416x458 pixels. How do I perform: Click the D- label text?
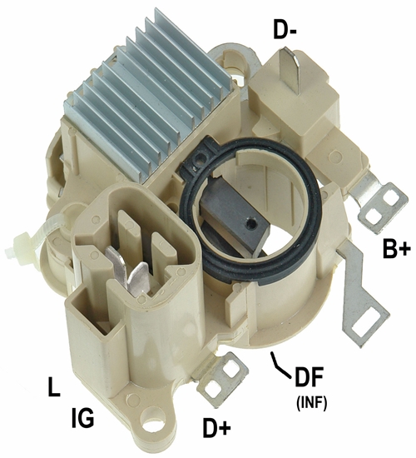(285, 30)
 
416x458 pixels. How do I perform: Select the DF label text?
(310, 377)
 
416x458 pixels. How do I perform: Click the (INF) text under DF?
(311, 404)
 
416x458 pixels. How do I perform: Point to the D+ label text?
(216, 427)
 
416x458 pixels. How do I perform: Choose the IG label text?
(83, 418)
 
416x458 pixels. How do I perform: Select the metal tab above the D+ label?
(222, 380)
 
